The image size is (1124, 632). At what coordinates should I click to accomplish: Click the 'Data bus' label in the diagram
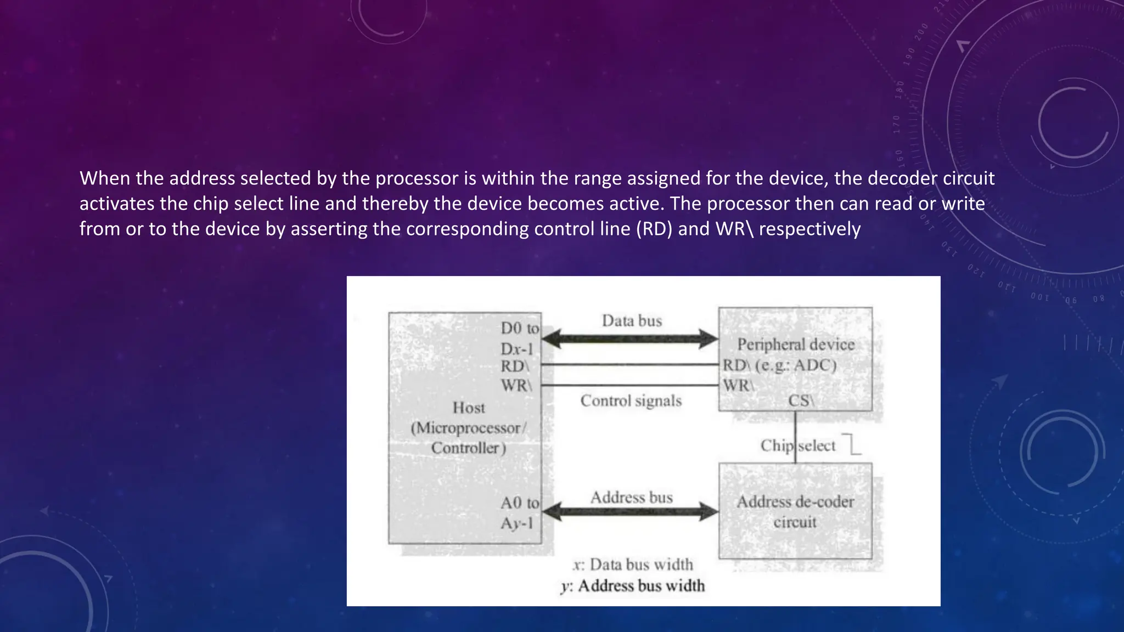point(632,321)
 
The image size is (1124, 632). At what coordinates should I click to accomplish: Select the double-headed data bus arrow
point(630,338)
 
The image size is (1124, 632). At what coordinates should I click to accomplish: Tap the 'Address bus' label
point(631,498)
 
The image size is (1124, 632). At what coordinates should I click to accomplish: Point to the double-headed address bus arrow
point(630,512)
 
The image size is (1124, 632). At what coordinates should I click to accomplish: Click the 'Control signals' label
point(631,401)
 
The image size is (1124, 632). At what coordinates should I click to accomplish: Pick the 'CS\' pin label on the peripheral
point(801,401)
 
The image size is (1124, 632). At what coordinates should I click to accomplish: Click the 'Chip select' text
point(797,445)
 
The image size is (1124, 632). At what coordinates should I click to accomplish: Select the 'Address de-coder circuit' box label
point(795,511)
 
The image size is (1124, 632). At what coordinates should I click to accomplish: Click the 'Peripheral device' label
point(796,345)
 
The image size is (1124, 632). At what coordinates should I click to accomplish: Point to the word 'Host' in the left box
point(469,408)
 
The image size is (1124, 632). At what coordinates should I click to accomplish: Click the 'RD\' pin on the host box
point(515,366)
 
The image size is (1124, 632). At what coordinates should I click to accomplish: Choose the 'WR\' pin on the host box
point(516,385)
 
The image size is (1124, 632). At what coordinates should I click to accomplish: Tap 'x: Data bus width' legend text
point(633,565)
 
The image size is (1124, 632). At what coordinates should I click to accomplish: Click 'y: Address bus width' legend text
point(633,586)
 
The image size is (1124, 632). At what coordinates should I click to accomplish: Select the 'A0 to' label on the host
point(519,503)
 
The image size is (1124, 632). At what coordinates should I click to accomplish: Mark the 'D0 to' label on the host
point(519,328)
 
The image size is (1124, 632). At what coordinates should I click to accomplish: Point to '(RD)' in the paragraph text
point(654,229)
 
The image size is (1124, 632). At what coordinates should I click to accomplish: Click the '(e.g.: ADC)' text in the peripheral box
point(796,365)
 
